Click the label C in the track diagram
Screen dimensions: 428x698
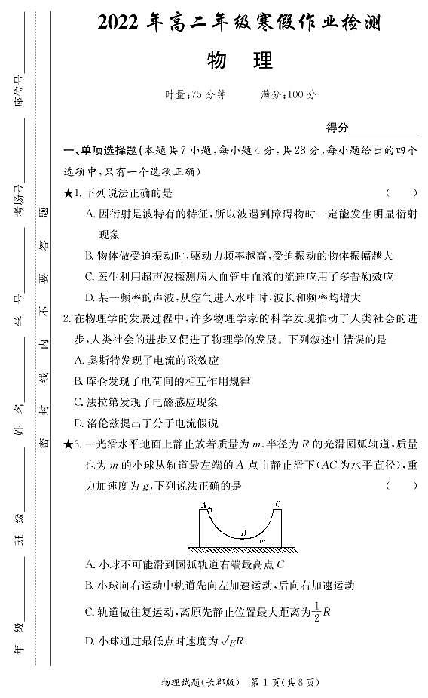click(x=277, y=503)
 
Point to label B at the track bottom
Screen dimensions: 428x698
click(x=243, y=533)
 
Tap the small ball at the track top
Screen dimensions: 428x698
click(x=209, y=507)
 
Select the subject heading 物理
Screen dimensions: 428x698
click(x=239, y=60)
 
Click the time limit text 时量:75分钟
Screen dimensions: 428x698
click(x=194, y=95)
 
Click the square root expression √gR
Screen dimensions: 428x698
click(x=231, y=641)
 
